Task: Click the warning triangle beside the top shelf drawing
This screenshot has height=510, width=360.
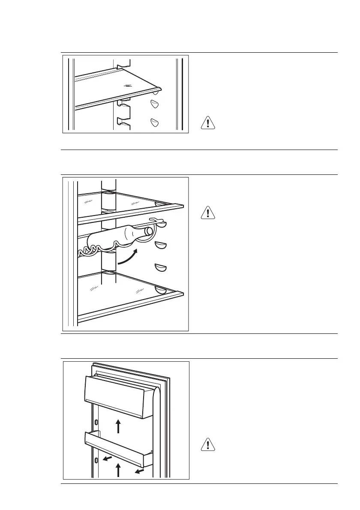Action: [x=207, y=123]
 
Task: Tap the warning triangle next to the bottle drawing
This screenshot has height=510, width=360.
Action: [x=207, y=213]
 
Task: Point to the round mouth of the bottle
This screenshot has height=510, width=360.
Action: [x=149, y=231]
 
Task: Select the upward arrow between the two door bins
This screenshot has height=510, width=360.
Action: [x=119, y=426]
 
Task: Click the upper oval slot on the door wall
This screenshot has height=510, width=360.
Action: [x=96, y=422]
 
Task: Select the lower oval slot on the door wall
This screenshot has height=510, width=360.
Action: [x=96, y=460]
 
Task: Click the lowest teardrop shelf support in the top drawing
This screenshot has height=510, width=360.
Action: [x=155, y=123]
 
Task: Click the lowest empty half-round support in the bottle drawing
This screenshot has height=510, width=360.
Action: [x=161, y=268]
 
